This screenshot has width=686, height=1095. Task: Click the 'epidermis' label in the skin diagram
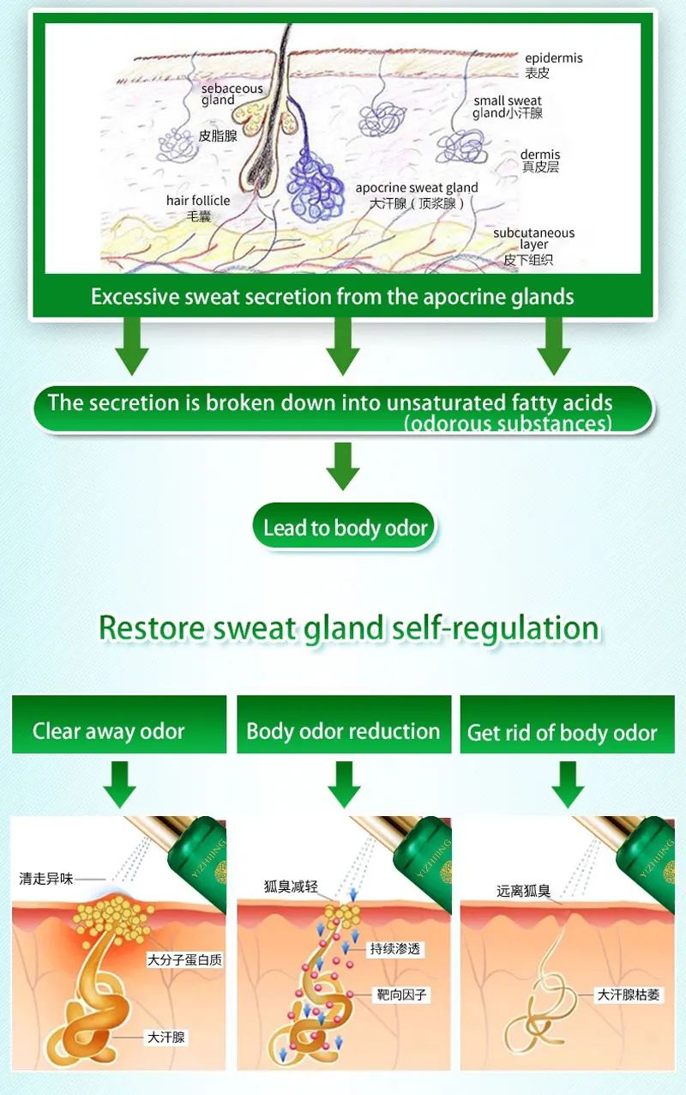(554, 58)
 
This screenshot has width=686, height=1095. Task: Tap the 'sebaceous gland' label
(232, 94)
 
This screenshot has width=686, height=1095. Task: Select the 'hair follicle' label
(198, 201)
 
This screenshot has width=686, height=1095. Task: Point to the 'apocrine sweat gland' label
(417, 188)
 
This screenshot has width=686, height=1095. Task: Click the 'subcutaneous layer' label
(533, 239)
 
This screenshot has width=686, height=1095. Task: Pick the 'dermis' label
(540, 155)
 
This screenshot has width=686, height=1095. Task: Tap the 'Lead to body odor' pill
(345, 528)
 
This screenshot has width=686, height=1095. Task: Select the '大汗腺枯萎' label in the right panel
(631, 995)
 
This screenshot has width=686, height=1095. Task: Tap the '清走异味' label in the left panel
(47, 879)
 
